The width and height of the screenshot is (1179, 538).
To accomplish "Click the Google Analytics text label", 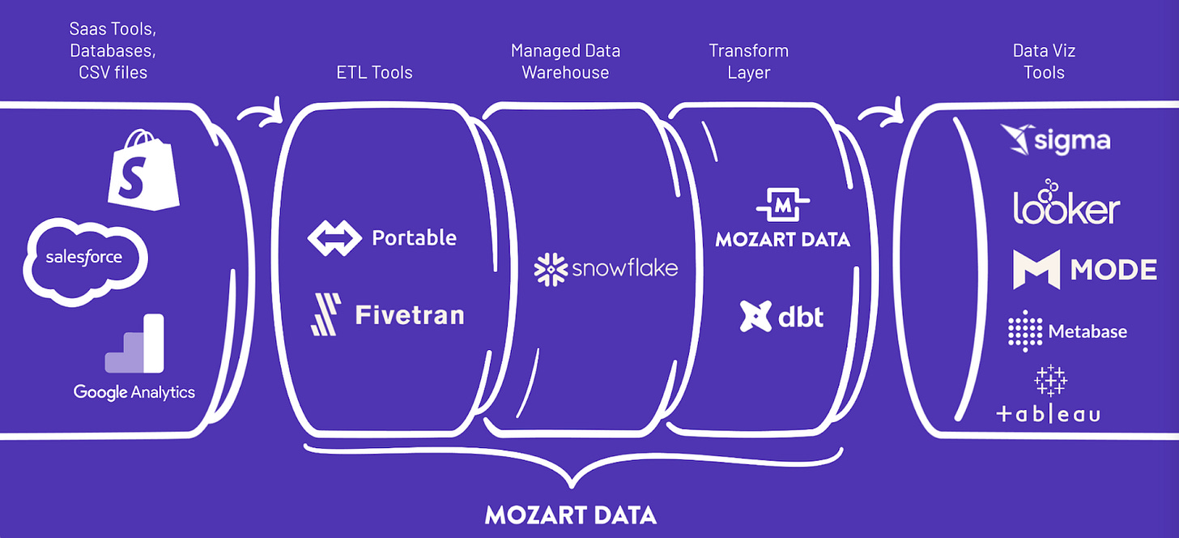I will point(134,392).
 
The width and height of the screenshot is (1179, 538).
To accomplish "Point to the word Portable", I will point(414,237).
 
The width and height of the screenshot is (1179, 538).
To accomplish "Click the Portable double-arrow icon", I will point(333,237).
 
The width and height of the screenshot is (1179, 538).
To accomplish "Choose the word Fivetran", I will point(410,314).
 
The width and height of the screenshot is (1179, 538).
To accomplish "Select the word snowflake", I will point(624,268).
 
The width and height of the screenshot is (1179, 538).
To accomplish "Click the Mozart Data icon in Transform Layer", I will point(782,207).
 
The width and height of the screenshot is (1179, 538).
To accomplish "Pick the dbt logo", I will point(781,316).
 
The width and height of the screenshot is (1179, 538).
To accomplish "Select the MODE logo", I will point(1084,270).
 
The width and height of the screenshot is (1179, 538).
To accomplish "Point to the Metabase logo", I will point(1066,331).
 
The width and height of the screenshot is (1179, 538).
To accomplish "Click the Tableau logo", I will point(1049,395).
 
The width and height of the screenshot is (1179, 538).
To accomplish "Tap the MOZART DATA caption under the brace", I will point(571,515).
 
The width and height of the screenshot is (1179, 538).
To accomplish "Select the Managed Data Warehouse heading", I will point(565,62).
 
